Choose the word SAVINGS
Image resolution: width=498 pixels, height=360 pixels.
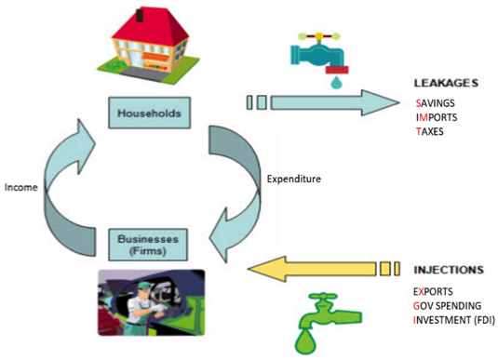(438, 102)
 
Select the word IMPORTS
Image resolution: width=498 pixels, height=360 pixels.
(438, 117)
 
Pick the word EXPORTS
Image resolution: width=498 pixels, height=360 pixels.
(438, 290)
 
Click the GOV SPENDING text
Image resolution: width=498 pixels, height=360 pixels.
(452, 305)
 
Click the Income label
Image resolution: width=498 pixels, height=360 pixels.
(20, 186)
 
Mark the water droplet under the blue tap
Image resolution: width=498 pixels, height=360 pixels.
(334, 81)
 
